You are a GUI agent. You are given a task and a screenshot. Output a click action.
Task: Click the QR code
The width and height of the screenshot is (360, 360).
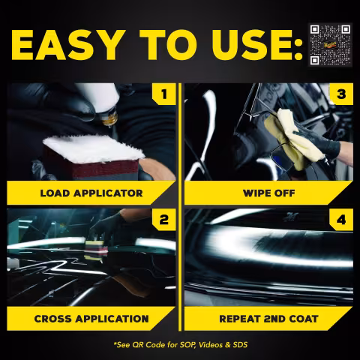pyautogui.click(x=330, y=45)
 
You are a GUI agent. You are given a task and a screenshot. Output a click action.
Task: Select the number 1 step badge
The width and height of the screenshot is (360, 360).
pyautogui.click(x=164, y=94)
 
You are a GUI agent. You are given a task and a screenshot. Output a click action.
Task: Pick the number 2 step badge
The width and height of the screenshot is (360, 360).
pyautogui.click(x=164, y=220)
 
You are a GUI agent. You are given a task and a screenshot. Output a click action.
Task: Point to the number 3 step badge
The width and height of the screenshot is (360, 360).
pyautogui.click(x=341, y=94)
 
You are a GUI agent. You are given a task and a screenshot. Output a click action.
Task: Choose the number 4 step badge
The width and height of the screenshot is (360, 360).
pyautogui.click(x=341, y=220)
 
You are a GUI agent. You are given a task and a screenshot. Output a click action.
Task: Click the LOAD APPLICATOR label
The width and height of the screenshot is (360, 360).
pyautogui.click(x=91, y=193)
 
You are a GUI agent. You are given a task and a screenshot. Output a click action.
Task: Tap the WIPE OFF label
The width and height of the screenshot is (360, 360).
pyautogui.click(x=268, y=193)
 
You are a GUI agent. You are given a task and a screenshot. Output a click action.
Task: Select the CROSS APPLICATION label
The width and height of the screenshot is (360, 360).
pyautogui.click(x=91, y=319)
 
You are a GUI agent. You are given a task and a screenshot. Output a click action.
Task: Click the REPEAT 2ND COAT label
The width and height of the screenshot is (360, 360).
pyautogui.click(x=268, y=319)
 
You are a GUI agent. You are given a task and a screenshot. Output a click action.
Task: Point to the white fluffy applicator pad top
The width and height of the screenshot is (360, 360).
pyautogui.click(x=93, y=148)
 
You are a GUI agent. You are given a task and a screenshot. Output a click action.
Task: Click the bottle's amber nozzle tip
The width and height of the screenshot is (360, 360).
pyautogui.click(x=109, y=120)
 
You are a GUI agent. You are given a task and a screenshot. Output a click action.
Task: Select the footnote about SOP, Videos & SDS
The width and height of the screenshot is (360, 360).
pyautogui.click(x=181, y=345)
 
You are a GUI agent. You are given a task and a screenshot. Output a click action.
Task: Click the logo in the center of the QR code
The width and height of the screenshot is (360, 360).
pyautogui.click(x=331, y=45)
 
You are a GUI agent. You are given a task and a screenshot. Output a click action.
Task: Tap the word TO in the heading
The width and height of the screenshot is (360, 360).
pyautogui.click(x=168, y=45)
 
